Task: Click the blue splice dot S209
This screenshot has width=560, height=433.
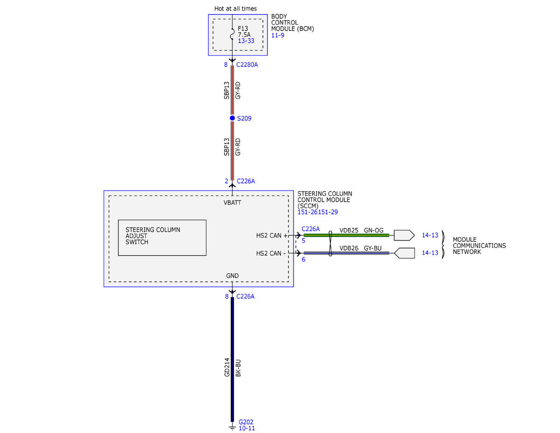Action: point(232,118)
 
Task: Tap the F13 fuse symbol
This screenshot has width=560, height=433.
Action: point(232,34)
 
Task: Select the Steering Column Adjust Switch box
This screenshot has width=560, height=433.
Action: point(162,237)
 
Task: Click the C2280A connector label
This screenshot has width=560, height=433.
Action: point(247,64)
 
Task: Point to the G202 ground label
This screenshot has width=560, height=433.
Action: point(245,422)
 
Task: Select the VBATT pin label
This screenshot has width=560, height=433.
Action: point(232,203)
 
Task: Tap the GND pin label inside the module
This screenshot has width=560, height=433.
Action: point(232,276)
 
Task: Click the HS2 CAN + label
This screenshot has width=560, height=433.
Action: point(272,235)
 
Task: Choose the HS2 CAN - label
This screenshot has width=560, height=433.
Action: point(271,253)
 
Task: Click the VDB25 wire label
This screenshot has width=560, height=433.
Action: point(349,230)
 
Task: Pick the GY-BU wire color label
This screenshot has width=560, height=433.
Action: point(372,248)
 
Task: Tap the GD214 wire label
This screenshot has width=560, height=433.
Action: point(227,367)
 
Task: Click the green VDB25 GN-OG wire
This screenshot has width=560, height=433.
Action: point(346,235)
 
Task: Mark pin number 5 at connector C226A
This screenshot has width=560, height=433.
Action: point(303,241)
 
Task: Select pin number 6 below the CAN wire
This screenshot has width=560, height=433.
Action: point(303,259)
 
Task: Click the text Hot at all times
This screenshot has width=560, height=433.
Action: point(235,8)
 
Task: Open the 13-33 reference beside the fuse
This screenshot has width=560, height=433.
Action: point(246,41)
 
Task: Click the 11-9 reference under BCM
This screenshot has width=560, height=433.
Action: point(278,35)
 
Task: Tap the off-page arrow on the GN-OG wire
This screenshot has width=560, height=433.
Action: point(404,235)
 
